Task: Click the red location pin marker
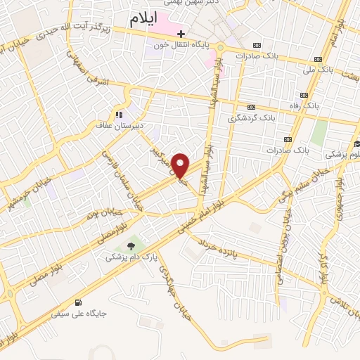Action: pyautogui.click(x=181, y=165)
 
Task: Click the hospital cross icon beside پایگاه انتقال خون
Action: pyautogui.click(x=181, y=34)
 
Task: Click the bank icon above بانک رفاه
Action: pyautogui.click(x=304, y=95)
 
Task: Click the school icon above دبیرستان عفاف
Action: pyautogui.click(x=119, y=114)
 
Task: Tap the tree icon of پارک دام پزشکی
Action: pyautogui.click(x=130, y=245)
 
